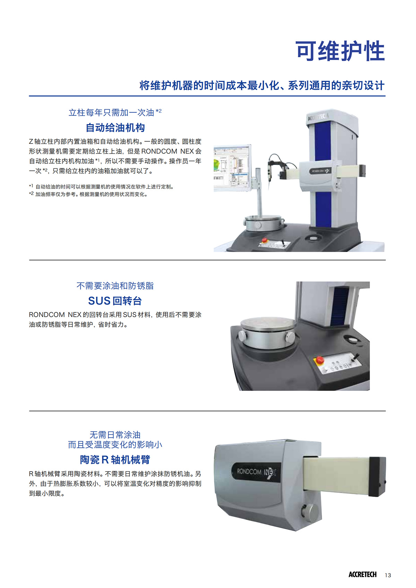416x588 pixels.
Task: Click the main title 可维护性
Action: [x=340, y=51]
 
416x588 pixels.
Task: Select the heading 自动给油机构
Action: [x=115, y=128]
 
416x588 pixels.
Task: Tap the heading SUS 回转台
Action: [x=115, y=301]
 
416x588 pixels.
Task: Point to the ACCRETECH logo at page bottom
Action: [x=362, y=574]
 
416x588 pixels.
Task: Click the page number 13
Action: [x=388, y=575]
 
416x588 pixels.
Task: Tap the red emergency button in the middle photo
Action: [x=320, y=360]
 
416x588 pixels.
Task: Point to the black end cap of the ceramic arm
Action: [x=378, y=476]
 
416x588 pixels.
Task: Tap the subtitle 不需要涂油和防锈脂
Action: [x=115, y=286]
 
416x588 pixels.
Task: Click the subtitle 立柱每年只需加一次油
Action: [x=111, y=112]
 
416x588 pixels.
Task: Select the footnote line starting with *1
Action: [x=101, y=187]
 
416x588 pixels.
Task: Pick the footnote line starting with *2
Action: [x=88, y=194]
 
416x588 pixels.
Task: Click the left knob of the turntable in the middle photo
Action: [x=242, y=336]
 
